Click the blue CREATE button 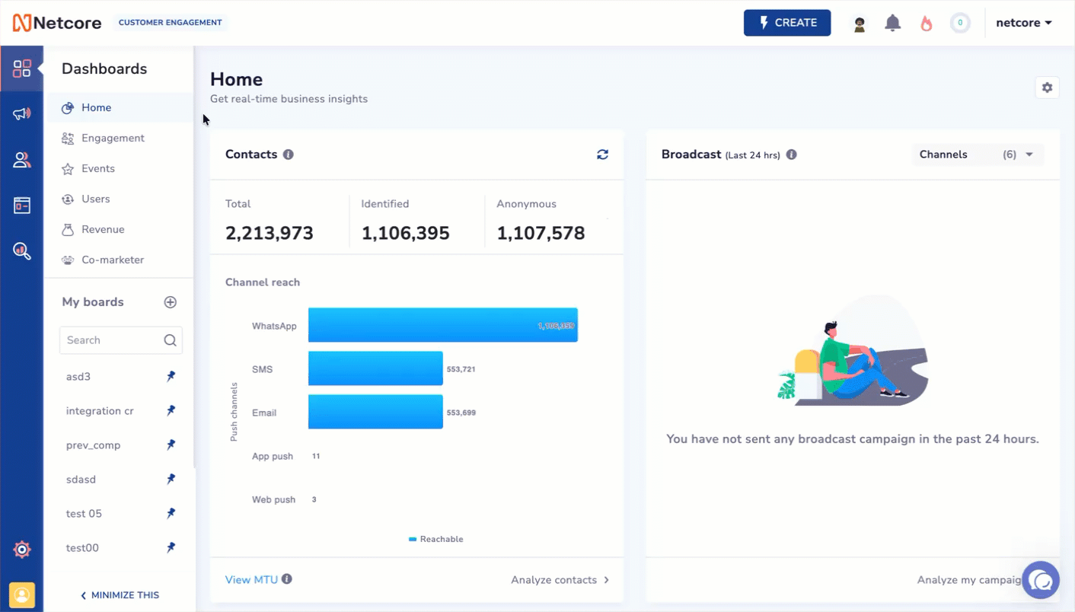point(786,23)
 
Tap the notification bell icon point(892,23)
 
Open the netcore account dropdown point(1023,23)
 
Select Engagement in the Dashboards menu point(113,138)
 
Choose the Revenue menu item point(103,229)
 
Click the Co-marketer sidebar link point(112,260)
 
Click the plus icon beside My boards point(171,302)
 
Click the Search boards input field point(113,340)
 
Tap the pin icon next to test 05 point(171,514)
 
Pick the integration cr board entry point(100,411)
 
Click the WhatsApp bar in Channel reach point(442,325)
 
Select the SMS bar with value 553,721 point(375,368)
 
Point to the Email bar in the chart point(375,412)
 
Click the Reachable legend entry point(435,539)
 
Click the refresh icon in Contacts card point(602,155)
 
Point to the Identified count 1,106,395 point(405,234)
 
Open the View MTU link point(251,580)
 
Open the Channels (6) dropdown point(978,155)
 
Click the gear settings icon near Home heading point(1047,88)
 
